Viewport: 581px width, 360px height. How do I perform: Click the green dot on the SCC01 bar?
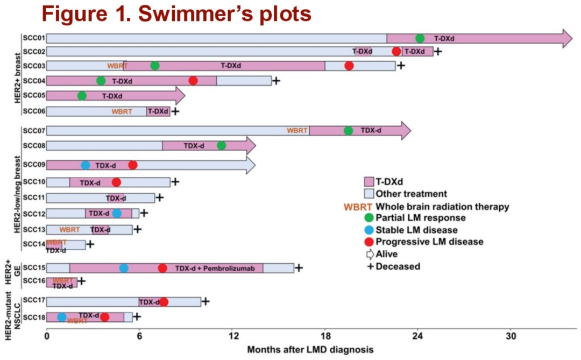pos(420,38)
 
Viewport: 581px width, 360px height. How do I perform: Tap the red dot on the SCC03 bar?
pos(349,66)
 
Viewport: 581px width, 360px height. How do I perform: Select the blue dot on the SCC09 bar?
pos(85,165)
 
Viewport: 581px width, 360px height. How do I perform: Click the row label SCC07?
pos(34,131)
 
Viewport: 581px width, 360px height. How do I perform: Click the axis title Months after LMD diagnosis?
pos(310,349)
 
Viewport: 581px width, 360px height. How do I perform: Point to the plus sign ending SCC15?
pos(299,268)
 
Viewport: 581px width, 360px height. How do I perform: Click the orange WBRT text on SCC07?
pos(297,130)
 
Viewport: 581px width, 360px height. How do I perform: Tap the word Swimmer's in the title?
pos(196,13)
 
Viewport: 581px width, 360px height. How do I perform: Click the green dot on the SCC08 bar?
pos(221,145)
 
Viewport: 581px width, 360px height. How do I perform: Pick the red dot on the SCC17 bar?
pos(164,302)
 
